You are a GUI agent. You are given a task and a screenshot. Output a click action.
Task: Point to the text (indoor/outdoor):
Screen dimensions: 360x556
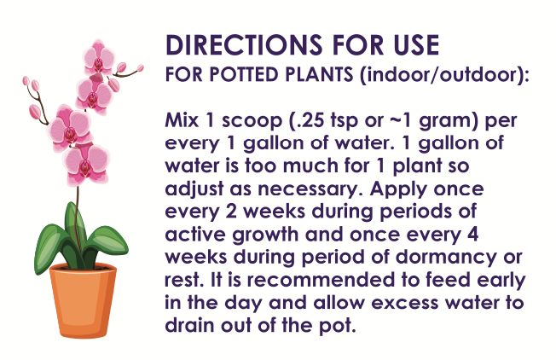click(443, 74)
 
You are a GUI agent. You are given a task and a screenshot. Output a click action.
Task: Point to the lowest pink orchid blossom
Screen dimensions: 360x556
click(88, 161)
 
